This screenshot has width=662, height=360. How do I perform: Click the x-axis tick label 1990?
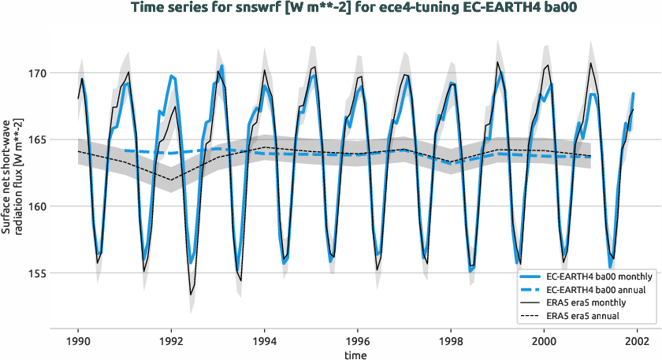[78, 342]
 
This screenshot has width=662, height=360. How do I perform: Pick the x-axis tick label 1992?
[171, 342]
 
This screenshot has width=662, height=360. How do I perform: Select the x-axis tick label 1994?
[264, 342]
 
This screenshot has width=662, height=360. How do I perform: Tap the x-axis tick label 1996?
[358, 342]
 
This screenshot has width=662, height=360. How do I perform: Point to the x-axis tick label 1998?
[451, 342]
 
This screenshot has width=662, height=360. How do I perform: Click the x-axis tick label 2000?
[544, 342]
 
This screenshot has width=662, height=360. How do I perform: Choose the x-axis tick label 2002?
[637, 342]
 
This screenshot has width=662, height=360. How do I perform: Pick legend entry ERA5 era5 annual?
[583, 315]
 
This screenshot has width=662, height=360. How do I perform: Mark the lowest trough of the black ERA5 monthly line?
[190, 295]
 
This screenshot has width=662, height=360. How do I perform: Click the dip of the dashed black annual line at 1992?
[171, 180]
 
